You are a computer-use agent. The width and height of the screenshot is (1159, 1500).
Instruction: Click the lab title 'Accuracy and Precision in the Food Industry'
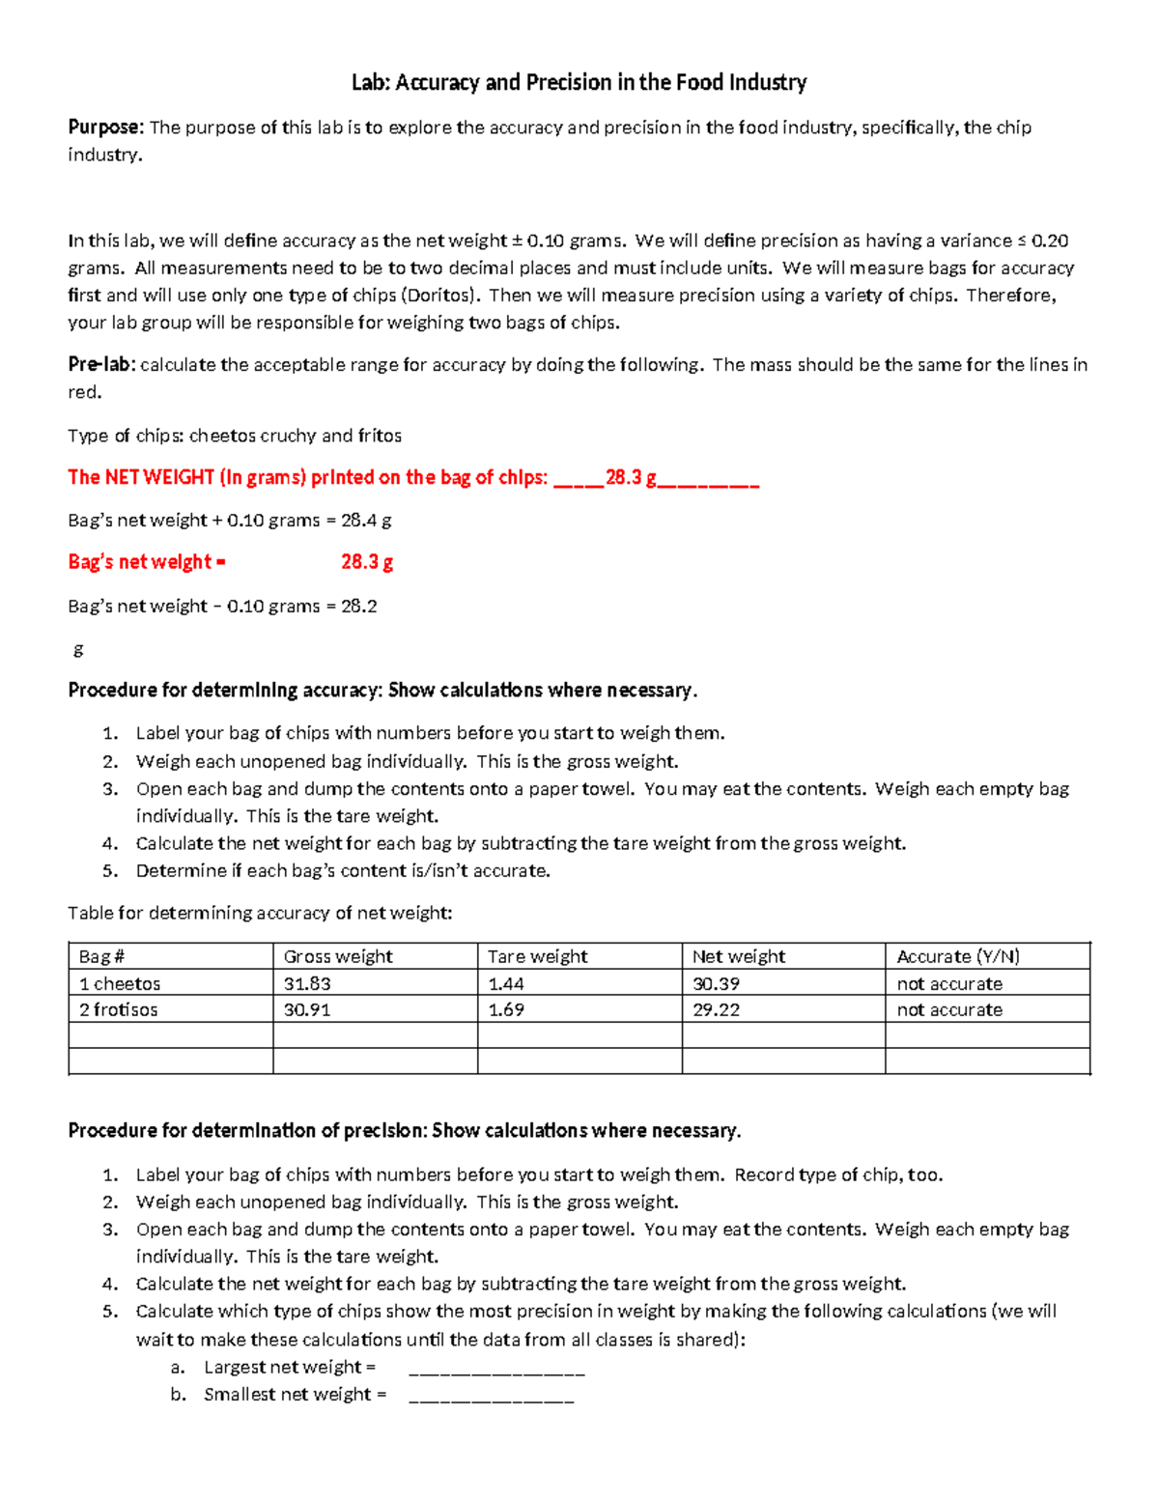click(x=579, y=83)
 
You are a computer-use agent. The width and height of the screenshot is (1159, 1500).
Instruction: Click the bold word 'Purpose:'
click(x=105, y=127)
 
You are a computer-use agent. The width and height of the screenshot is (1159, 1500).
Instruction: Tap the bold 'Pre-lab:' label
click(x=101, y=365)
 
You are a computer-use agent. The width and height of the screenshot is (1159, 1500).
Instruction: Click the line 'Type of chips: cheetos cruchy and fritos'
click(x=235, y=436)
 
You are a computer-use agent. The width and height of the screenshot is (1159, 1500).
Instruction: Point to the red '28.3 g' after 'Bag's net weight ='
click(x=367, y=562)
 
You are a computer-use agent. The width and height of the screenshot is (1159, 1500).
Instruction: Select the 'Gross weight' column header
click(x=338, y=956)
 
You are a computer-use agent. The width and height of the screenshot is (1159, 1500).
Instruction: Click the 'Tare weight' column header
click(x=537, y=956)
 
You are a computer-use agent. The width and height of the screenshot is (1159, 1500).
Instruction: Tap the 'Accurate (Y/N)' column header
click(x=958, y=956)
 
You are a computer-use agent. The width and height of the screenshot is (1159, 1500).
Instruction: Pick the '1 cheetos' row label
click(x=120, y=983)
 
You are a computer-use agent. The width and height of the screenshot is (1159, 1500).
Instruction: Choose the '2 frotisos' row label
click(x=118, y=1009)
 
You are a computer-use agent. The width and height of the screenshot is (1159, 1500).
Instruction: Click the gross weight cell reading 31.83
click(x=307, y=983)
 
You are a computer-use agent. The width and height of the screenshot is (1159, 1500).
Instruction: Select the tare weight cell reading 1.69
click(x=506, y=1009)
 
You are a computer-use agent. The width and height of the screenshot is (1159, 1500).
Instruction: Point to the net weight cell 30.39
click(x=717, y=983)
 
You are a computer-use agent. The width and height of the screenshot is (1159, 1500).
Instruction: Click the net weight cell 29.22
click(x=717, y=1009)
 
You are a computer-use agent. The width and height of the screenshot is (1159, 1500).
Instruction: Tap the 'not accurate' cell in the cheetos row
click(x=949, y=983)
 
